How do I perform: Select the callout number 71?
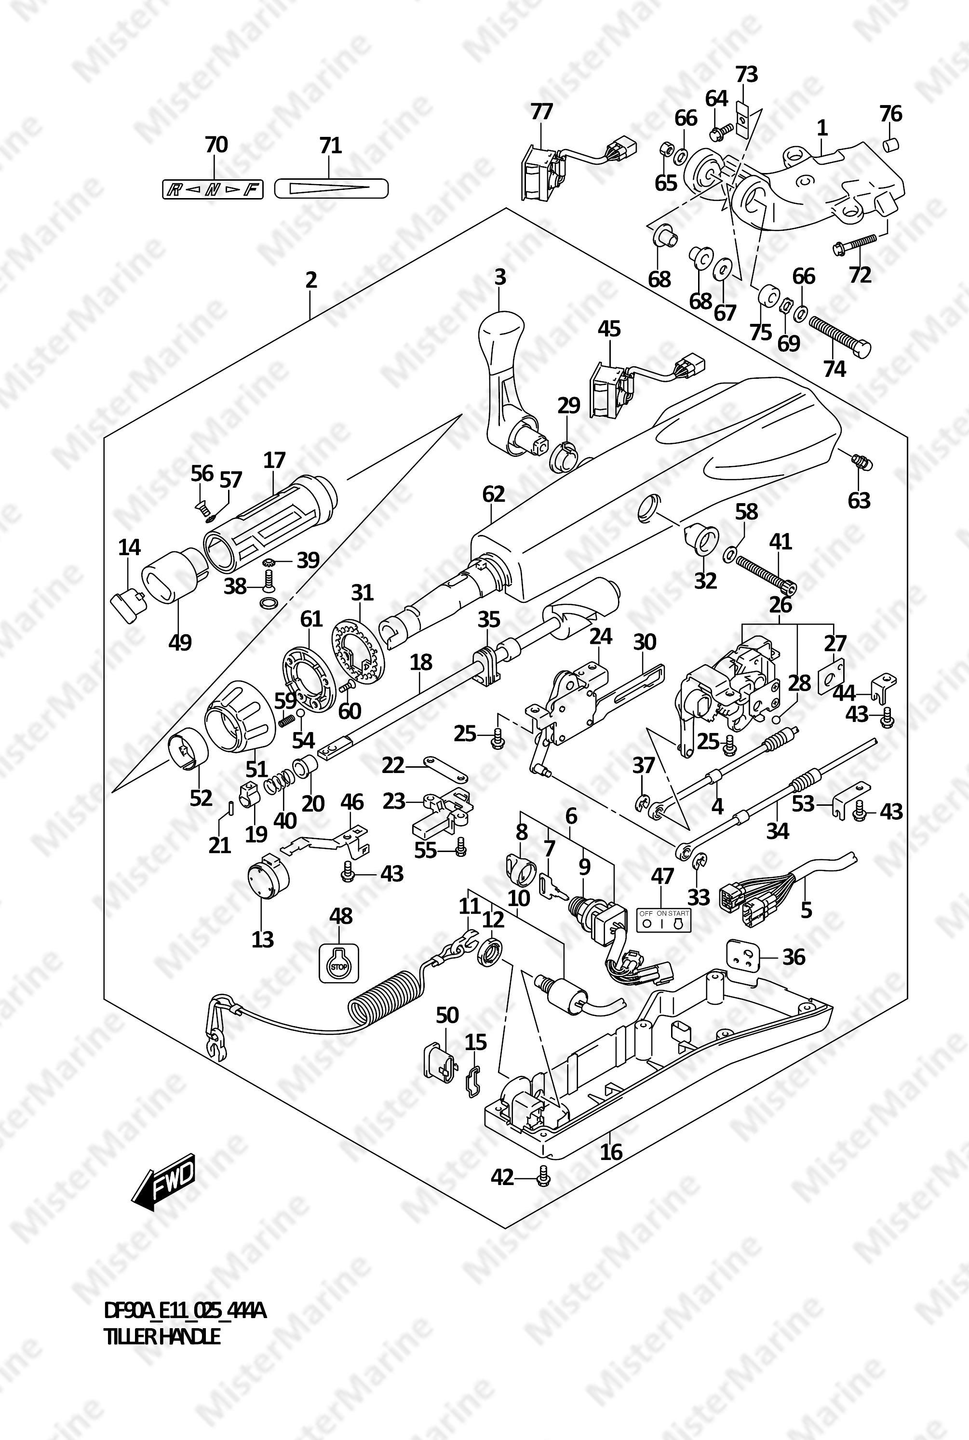pyautogui.click(x=331, y=147)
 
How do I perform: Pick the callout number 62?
pyautogui.click(x=493, y=494)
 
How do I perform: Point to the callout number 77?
pyautogui.click(x=541, y=112)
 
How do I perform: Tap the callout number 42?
pyautogui.click(x=502, y=1177)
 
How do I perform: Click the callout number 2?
pyautogui.click(x=311, y=280)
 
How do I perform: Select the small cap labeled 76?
pyautogui.click(x=890, y=145)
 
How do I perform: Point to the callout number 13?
pyautogui.click(x=263, y=939)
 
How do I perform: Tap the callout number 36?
pyautogui.click(x=794, y=957)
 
